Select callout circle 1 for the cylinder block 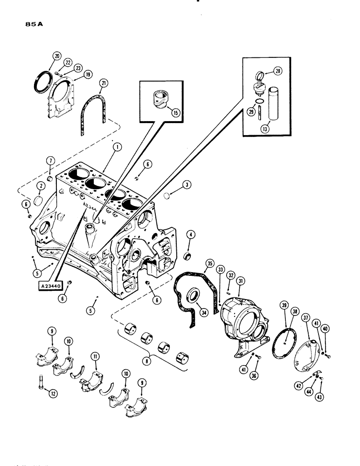pyautogui.click(x=117, y=148)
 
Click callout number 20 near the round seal pyautogui.click(x=56, y=56)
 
